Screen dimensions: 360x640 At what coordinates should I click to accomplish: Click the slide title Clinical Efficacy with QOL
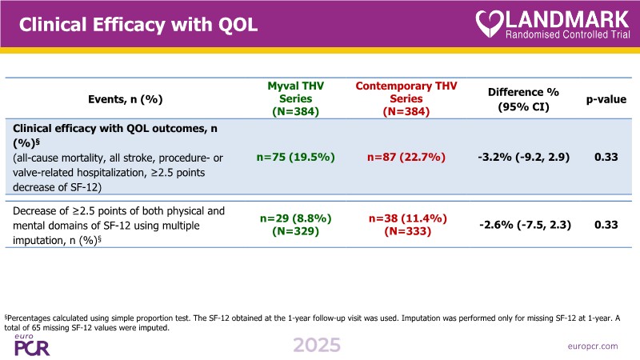point(138,24)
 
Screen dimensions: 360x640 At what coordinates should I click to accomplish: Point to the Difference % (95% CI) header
point(523,99)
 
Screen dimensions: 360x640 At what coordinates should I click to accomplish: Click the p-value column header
point(606,99)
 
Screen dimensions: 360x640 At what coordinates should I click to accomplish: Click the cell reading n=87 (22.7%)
point(406,157)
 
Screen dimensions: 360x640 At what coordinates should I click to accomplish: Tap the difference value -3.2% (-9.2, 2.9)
point(523,157)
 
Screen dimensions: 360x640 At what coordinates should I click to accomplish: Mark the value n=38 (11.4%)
point(406,218)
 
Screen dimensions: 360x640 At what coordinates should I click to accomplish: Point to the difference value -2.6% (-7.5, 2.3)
point(523,225)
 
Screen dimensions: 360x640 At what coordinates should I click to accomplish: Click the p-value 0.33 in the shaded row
point(606,157)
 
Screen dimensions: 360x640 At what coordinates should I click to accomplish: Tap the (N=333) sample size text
point(406,232)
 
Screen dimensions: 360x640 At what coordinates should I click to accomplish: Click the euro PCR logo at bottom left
point(32,345)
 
